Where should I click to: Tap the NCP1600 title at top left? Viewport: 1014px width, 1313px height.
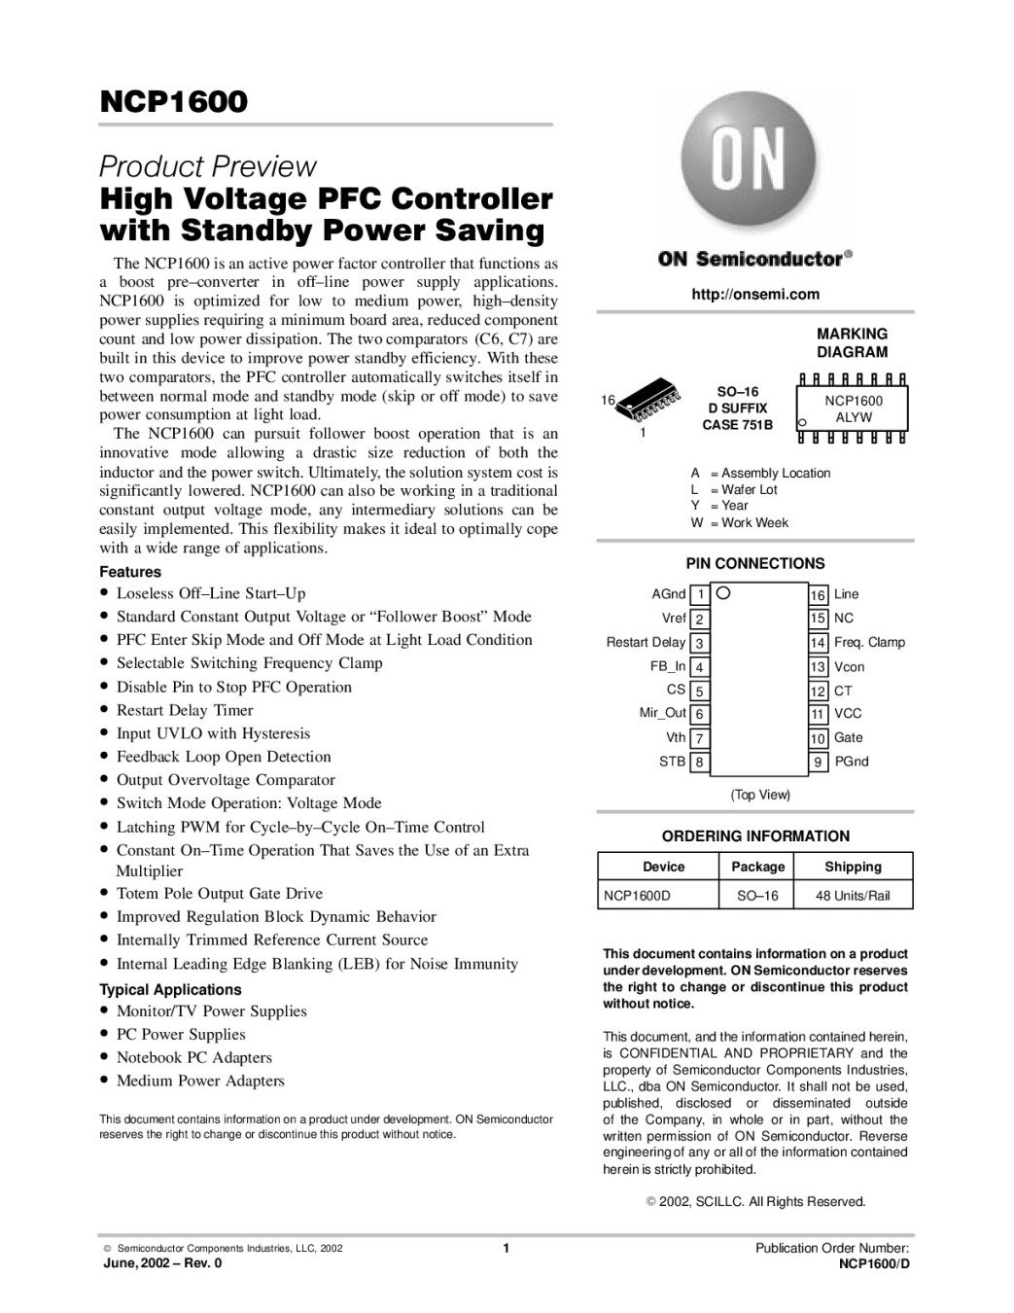[x=173, y=101]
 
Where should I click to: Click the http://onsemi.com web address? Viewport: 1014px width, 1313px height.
[x=754, y=294]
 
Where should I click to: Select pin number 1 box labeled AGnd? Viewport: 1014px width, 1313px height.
[x=700, y=594]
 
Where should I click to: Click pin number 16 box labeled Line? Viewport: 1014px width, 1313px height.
[x=819, y=594]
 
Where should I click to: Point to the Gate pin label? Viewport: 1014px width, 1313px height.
[x=848, y=737]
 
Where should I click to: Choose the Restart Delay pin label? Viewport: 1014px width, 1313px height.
[x=646, y=642]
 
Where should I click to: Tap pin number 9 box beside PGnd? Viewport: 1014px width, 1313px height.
[x=819, y=762]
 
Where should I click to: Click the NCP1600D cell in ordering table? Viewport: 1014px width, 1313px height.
[x=637, y=895]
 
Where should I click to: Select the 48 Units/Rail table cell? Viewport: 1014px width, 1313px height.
[x=853, y=895]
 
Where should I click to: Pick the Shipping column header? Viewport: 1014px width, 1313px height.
[x=853, y=867]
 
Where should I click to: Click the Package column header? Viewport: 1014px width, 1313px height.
[x=757, y=867]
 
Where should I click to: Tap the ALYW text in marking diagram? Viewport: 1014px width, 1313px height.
[x=854, y=417]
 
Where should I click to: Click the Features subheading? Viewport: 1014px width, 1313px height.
[x=130, y=572]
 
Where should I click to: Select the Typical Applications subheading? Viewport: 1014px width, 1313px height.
[x=170, y=989]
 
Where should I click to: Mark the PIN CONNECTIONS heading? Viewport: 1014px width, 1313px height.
[x=754, y=563]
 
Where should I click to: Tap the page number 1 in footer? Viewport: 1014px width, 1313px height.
[x=507, y=1248]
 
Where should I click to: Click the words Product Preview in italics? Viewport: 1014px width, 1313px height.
[x=208, y=166]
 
